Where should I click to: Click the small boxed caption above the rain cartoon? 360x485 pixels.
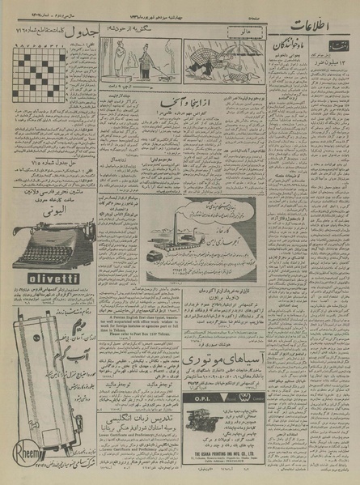tap(219, 33)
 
